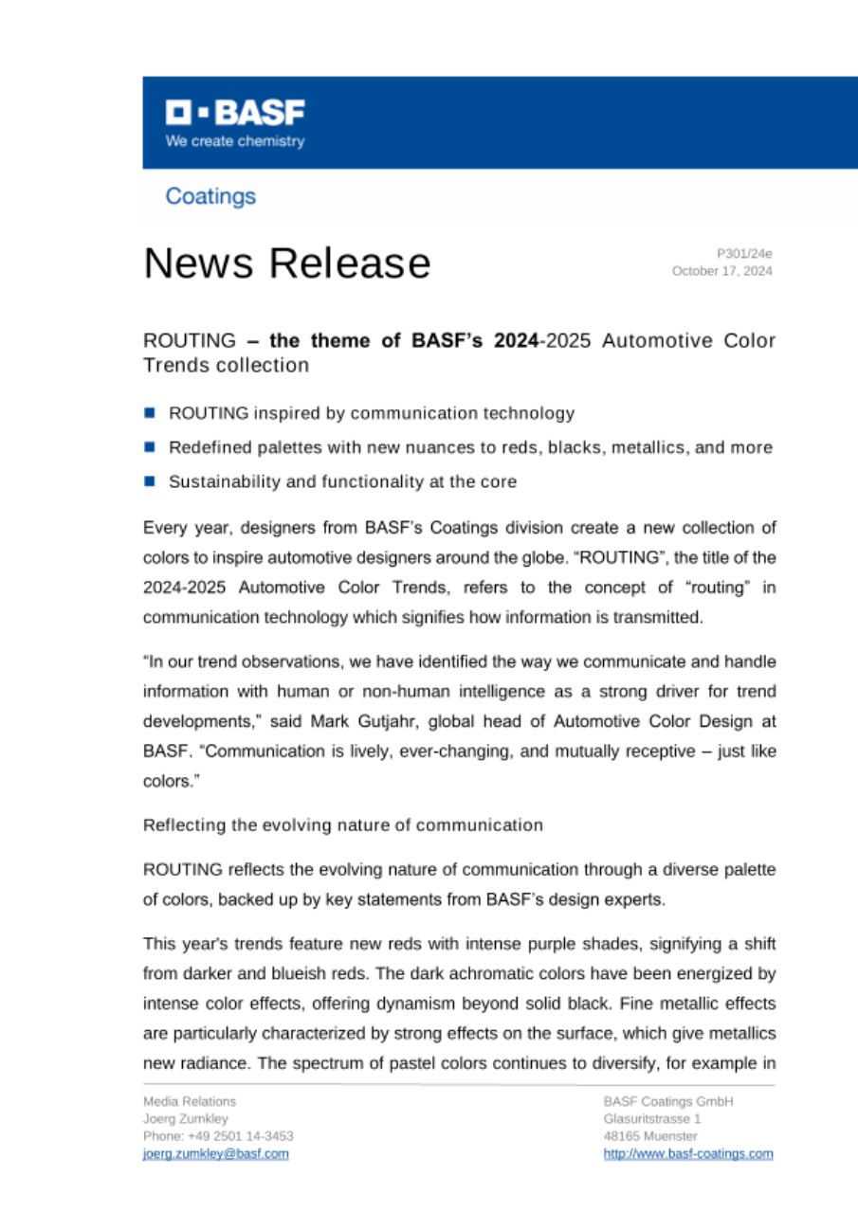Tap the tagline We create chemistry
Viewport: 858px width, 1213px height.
(235, 141)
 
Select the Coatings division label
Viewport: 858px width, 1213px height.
(210, 196)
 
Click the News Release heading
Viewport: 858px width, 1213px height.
(286, 263)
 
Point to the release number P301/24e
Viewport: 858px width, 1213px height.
(744, 253)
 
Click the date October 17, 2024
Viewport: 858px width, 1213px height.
(721, 271)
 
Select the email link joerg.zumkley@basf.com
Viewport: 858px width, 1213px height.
(215, 1153)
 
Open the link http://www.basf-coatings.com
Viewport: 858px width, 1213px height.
(687, 1153)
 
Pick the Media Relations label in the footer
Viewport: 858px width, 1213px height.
(190, 1101)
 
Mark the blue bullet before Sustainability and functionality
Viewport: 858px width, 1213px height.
(149, 481)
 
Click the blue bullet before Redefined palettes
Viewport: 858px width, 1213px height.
(149, 446)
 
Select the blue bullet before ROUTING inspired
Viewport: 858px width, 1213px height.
(149, 412)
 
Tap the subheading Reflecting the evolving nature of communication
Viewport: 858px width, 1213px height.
(342, 824)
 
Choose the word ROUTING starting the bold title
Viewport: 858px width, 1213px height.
(189, 340)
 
